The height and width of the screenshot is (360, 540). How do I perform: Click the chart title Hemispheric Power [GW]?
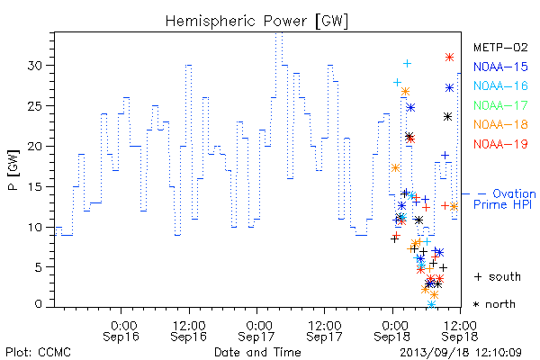coord(256,21)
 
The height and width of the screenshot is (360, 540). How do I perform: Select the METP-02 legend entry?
coord(500,47)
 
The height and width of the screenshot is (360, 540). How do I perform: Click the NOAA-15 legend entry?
coord(500,67)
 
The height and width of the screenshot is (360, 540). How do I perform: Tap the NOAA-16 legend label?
coord(500,85)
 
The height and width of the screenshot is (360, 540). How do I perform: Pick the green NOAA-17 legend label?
coord(500,105)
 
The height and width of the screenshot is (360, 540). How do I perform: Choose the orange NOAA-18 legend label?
coord(500,124)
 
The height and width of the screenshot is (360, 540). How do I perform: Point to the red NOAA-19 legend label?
coord(500,144)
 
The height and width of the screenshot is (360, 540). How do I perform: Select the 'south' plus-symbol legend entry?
coord(498,276)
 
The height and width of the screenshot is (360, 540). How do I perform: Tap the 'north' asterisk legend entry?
coord(494,304)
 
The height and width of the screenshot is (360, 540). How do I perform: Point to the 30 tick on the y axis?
coord(35,65)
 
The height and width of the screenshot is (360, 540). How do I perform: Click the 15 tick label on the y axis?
coord(35,186)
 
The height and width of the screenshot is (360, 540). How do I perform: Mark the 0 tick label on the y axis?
coord(39,304)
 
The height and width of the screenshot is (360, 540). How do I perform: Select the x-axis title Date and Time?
coord(257,352)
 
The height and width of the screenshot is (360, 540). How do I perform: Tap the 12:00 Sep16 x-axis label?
coord(189,331)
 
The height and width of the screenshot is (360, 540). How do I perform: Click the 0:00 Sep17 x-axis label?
coord(256,331)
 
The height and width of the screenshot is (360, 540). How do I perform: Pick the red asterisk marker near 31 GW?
coord(449,58)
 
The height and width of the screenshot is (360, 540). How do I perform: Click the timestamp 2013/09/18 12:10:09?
coord(461,353)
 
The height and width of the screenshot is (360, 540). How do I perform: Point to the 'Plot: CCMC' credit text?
coord(38,352)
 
